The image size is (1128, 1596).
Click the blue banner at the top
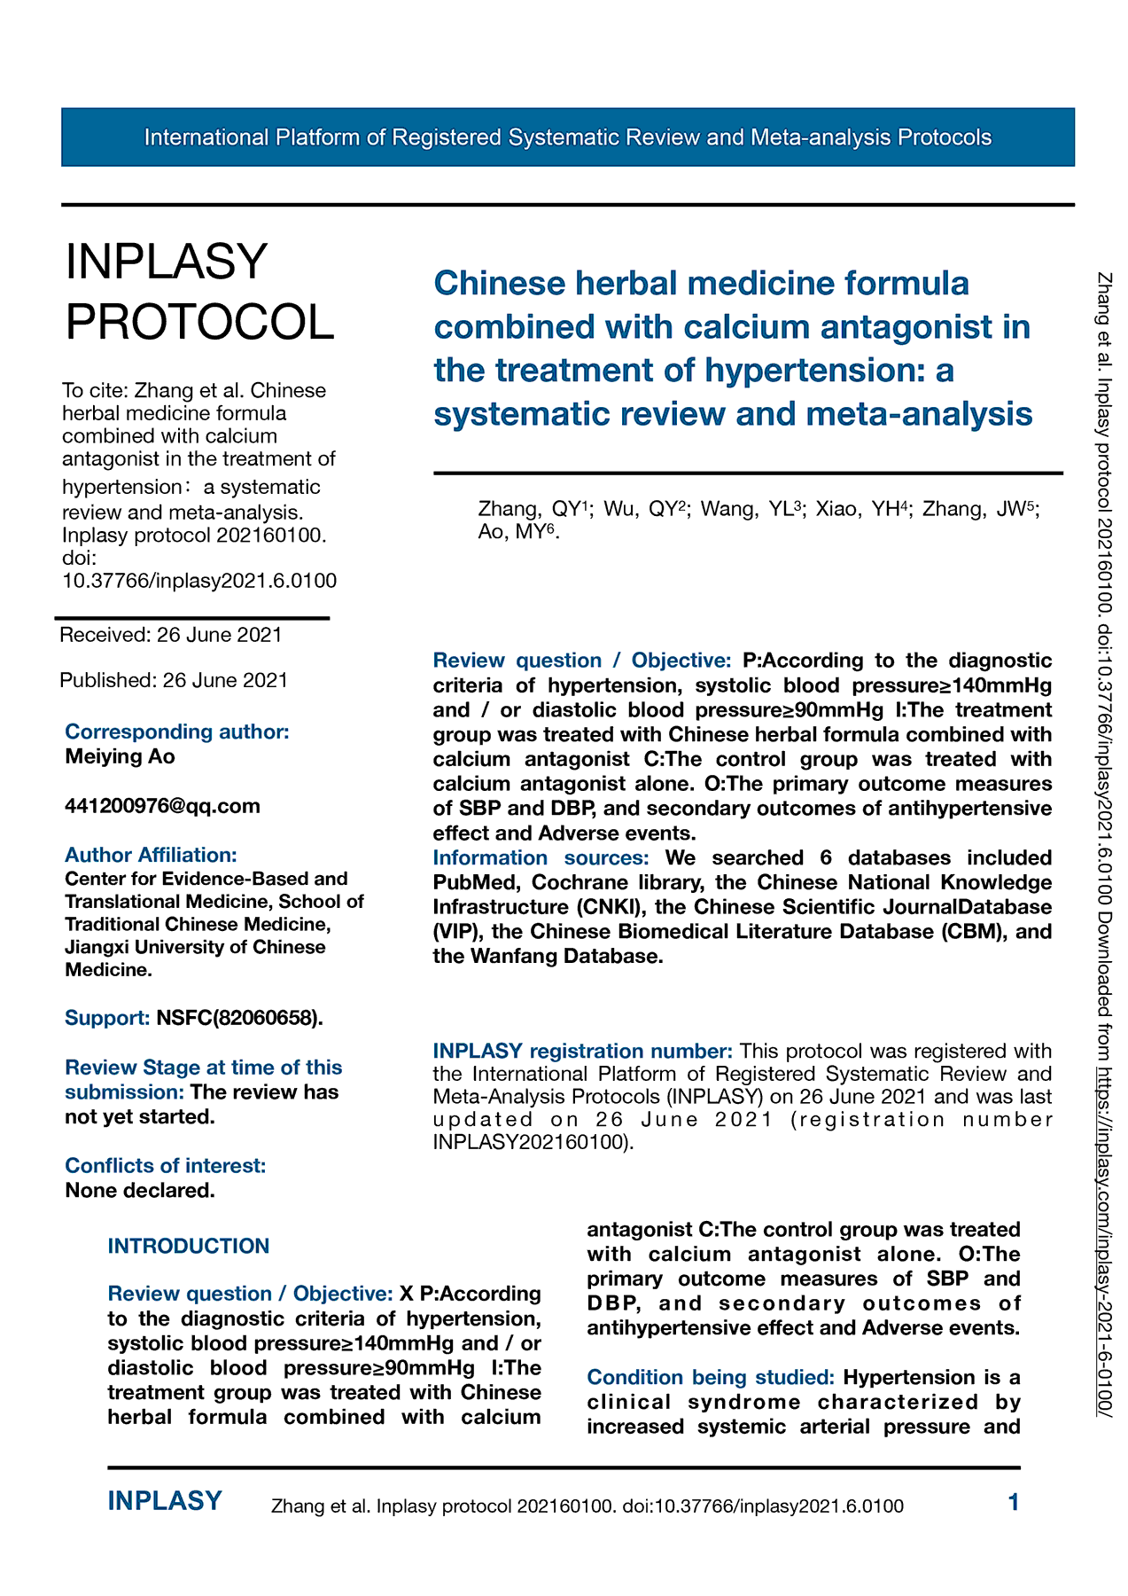tap(567, 137)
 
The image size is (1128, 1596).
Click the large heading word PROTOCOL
tap(200, 321)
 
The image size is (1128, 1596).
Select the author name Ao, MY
tap(517, 532)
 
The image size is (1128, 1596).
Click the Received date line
tap(171, 635)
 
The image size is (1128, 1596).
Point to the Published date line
tap(174, 680)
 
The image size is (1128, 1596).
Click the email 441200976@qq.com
tap(162, 806)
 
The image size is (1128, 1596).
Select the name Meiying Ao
tap(120, 756)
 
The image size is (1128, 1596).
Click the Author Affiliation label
tap(151, 855)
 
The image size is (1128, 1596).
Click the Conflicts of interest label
tap(165, 1165)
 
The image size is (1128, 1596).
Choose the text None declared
tap(140, 1190)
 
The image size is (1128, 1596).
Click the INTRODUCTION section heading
tap(188, 1246)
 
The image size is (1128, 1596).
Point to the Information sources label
tap(541, 857)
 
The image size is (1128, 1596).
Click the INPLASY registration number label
tap(582, 1051)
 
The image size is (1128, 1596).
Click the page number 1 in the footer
tap(1014, 1502)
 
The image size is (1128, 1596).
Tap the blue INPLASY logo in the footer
tap(165, 1501)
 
